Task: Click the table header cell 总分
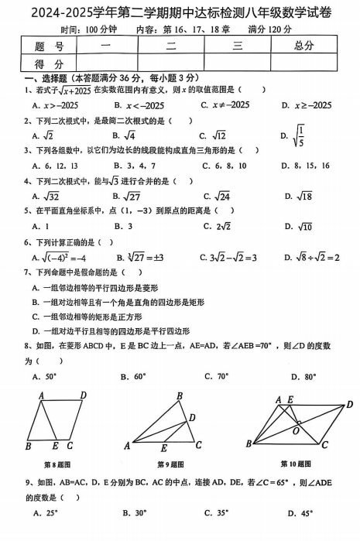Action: pos(303,46)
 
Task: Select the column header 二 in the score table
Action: pos(171,46)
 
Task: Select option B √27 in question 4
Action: pos(129,196)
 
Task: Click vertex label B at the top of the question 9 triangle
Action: pos(179,396)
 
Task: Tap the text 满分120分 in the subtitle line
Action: pos(269,29)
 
